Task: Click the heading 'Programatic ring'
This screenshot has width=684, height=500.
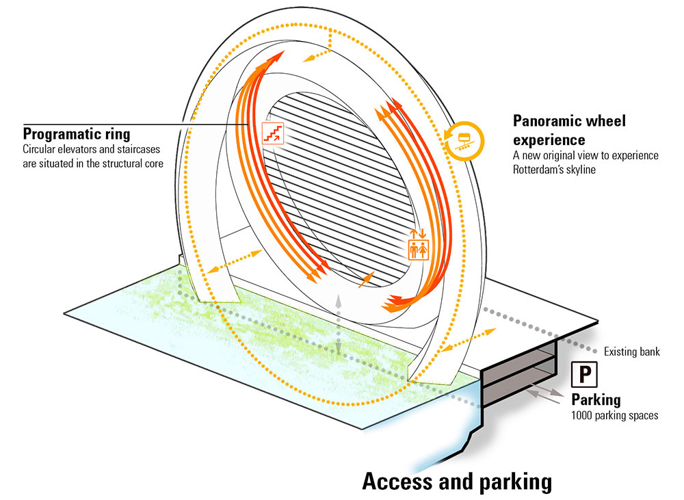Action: tap(77, 133)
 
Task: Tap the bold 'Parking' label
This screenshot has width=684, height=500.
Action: tap(596, 399)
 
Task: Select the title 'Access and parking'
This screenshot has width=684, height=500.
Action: tap(456, 481)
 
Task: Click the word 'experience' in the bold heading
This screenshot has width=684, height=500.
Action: tap(549, 140)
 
